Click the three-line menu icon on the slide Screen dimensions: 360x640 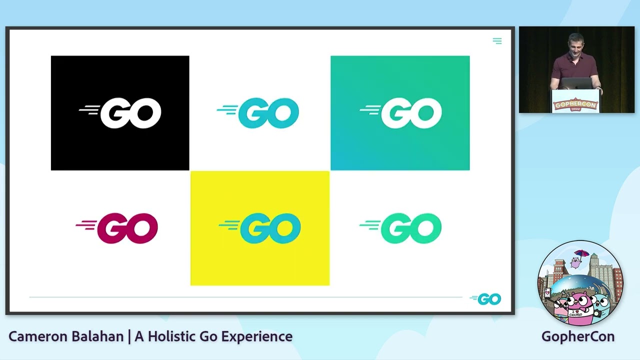pos(497,41)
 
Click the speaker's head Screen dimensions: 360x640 pos(576,43)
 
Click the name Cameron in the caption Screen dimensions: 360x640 pos(36,336)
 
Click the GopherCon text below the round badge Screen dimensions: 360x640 pos(578,336)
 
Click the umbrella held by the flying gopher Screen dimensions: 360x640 pos(581,253)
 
